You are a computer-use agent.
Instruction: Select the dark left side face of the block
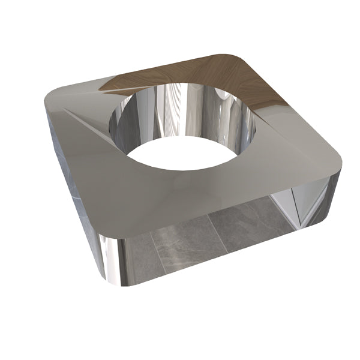pyautogui.click(x=72, y=180)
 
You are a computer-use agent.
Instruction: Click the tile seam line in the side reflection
pyautogui.click(x=216, y=234)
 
